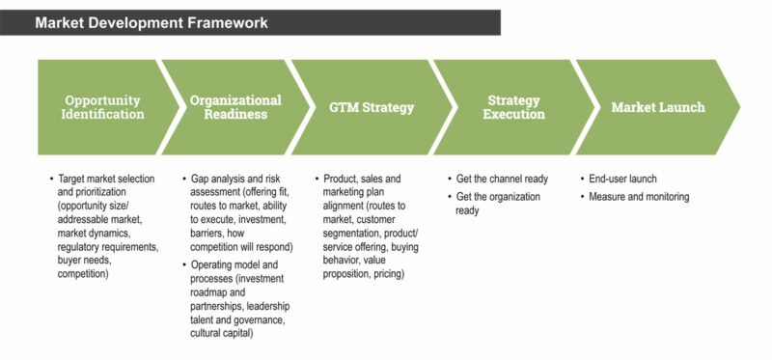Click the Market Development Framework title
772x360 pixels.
152,21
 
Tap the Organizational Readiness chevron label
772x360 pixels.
235,107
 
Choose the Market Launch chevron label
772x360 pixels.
658,107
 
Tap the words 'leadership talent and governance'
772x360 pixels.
238,312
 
